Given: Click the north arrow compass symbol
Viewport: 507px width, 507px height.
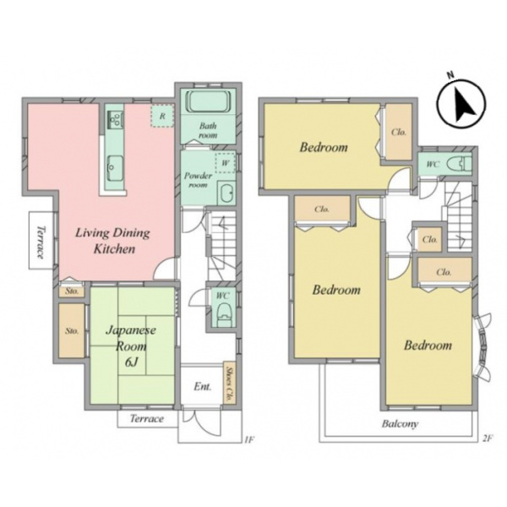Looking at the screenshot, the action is [x=461, y=102].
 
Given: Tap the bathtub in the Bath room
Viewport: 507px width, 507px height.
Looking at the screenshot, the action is [x=208, y=101].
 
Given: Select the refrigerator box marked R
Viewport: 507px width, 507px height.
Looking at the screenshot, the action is [x=162, y=116].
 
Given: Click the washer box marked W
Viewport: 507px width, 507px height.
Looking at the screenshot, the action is [x=225, y=162].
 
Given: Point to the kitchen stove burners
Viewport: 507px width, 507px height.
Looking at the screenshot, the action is [x=115, y=120].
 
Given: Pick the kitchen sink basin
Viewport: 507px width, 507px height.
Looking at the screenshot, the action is [x=115, y=168].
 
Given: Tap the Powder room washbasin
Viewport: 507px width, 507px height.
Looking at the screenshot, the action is [x=226, y=193].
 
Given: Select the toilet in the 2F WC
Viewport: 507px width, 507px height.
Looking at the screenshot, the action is [x=460, y=164].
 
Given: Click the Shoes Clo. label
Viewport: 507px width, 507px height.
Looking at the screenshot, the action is [x=229, y=384].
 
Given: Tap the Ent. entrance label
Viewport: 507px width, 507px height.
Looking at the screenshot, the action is [x=203, y=386].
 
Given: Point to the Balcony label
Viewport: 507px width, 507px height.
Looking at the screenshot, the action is [x=400, y=423].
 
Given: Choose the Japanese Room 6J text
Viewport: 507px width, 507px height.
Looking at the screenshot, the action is [x=131, y=346].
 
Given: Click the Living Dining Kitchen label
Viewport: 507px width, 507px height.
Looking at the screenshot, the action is [x=113, y=241].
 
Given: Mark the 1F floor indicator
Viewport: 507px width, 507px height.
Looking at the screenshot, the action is [x=249, y=439].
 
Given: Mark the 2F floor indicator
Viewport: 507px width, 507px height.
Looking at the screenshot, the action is [x=487, y=439].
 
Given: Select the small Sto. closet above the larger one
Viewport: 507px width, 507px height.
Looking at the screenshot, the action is [x=72, y=291].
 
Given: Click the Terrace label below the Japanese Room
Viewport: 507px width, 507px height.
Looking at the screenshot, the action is [x=146, y=419].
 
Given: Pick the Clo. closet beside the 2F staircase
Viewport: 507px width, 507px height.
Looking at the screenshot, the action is [x=430, y=240].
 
